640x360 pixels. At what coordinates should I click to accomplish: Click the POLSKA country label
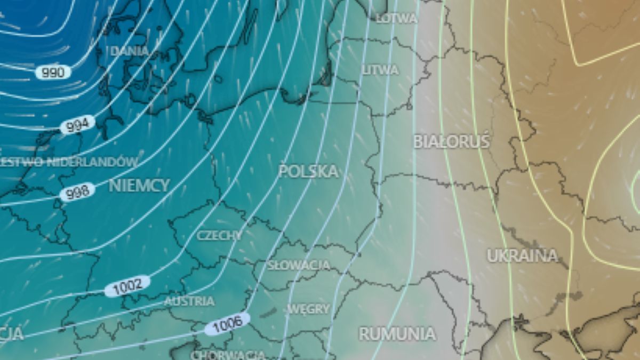tap(308, 171)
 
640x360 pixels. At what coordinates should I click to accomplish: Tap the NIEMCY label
tap(139, 186)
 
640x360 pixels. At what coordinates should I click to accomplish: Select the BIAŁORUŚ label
tap(451, 141)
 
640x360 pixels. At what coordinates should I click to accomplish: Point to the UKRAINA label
tap(522, 255)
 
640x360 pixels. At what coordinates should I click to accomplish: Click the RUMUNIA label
tap(397, 334)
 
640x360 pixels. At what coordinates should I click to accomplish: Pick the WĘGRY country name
tap(308, 309)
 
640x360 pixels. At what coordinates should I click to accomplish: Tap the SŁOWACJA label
tap(299, 265)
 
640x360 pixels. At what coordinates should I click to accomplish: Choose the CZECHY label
tap(219, 235)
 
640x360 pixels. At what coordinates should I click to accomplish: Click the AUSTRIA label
tap(189, 301)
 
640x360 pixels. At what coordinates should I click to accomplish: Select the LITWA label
tap(380, 70)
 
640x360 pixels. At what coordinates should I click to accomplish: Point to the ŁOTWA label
tap(396, 18)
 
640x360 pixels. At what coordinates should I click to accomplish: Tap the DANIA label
tap(129, 51)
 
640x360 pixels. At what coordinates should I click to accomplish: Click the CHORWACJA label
tap(228, 355)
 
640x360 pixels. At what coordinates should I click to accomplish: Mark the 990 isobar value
tap(53, 72)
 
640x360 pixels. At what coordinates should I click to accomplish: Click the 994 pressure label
tap(78, 125)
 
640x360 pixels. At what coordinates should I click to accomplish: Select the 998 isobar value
tap(77, 192)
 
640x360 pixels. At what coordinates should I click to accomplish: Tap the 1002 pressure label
tap(127, 286)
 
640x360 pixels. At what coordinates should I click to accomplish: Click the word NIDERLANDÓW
tap(91, 162)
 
